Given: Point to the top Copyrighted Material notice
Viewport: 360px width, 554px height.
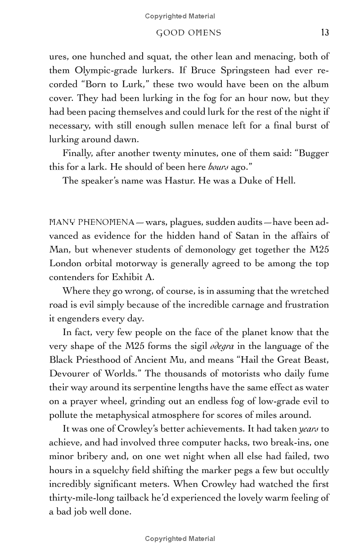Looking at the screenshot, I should coord(180,16).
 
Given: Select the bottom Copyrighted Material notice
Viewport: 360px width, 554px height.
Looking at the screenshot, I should coord(180,539).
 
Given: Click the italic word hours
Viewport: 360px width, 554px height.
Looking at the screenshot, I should coord(216,167).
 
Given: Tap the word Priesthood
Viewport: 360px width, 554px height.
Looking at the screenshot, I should coord(108,361).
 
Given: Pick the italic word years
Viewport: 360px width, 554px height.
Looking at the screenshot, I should coord(308,430).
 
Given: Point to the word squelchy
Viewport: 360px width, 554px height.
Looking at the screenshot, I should coord(112,471).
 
